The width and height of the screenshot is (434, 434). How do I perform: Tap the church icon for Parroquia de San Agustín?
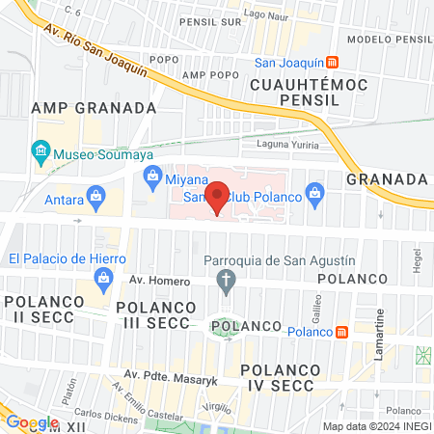coord(227,282)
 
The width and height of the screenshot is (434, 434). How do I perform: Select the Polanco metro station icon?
coord(341,332)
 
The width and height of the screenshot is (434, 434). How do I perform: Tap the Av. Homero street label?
coord(154,281)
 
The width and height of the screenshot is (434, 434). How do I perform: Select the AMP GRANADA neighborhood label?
coord(94,107)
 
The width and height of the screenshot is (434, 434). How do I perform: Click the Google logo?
coord(32,421)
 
